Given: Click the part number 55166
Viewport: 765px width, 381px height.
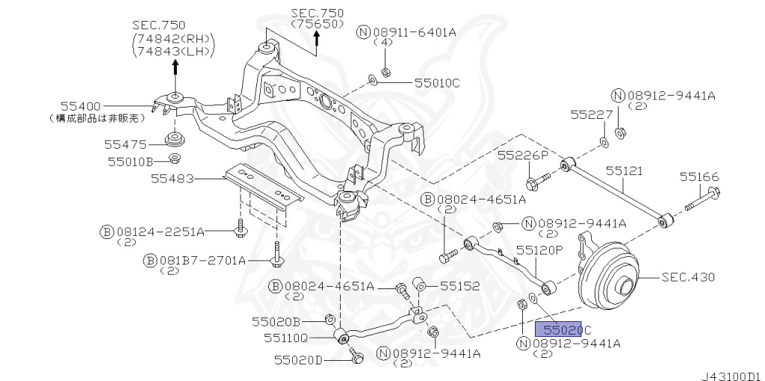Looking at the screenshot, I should pyautogui.click(x=699, y=177).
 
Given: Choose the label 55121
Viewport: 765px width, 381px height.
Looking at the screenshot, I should pyautogui.click(x=624, y=170).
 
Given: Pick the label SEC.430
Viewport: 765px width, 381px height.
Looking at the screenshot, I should pyautogui.click(x=689, y=277).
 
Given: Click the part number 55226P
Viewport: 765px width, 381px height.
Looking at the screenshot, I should pyautogui.click(x=523, y=155).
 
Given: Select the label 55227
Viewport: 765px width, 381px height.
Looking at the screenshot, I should pyautogui.click(x=591, y=115).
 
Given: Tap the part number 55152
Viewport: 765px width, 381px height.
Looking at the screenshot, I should pyautogui.click(x=459, y=285).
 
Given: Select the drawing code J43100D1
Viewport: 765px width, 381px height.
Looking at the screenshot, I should pyautogui.click(x=730, y=371).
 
